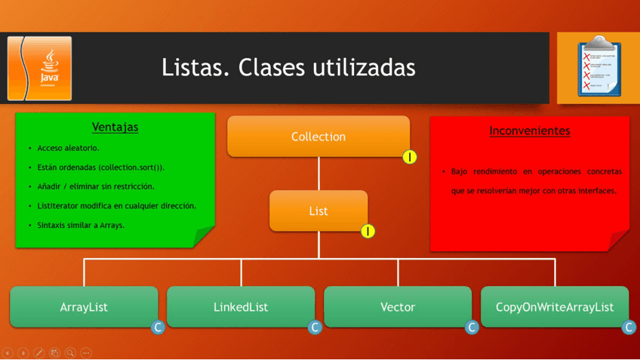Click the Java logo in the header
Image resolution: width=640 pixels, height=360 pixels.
40,68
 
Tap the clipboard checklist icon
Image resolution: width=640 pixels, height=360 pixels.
598,66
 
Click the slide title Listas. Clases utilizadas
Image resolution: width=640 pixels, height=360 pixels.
288,68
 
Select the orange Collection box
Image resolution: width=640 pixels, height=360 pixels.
318,137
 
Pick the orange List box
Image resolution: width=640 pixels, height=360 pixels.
318,211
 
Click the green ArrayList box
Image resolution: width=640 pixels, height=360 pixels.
84,306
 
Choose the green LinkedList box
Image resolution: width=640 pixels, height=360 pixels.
241,306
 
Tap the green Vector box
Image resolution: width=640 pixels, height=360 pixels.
398,306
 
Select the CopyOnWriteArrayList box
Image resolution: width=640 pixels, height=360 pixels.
554,306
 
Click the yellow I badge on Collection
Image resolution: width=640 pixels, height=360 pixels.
409,157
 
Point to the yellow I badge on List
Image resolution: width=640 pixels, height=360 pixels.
368,231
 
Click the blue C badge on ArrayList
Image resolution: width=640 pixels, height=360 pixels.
158,327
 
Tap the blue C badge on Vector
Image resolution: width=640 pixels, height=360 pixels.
472,327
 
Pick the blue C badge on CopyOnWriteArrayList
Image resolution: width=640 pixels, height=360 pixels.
629,327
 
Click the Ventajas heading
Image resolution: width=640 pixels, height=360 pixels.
115,127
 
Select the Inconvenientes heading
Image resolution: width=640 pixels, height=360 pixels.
529,131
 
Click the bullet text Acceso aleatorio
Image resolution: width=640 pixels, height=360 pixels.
68,148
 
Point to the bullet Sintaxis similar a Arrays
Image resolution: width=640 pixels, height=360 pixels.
81,225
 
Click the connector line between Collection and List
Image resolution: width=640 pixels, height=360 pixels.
318,174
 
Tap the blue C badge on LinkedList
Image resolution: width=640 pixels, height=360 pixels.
315,327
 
